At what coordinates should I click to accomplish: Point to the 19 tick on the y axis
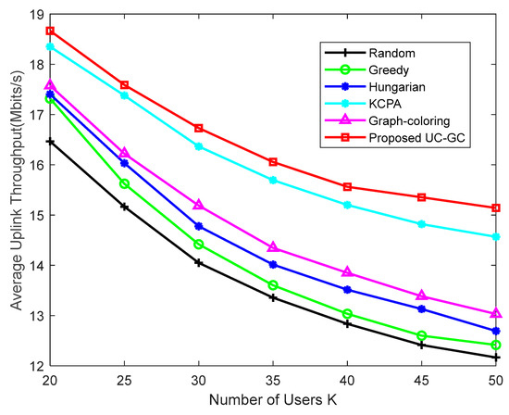30,15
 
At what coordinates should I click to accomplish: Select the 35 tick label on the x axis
274,380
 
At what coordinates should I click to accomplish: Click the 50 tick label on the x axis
496,380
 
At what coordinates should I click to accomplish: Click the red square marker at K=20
50,31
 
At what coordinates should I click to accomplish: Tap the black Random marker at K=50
496,358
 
